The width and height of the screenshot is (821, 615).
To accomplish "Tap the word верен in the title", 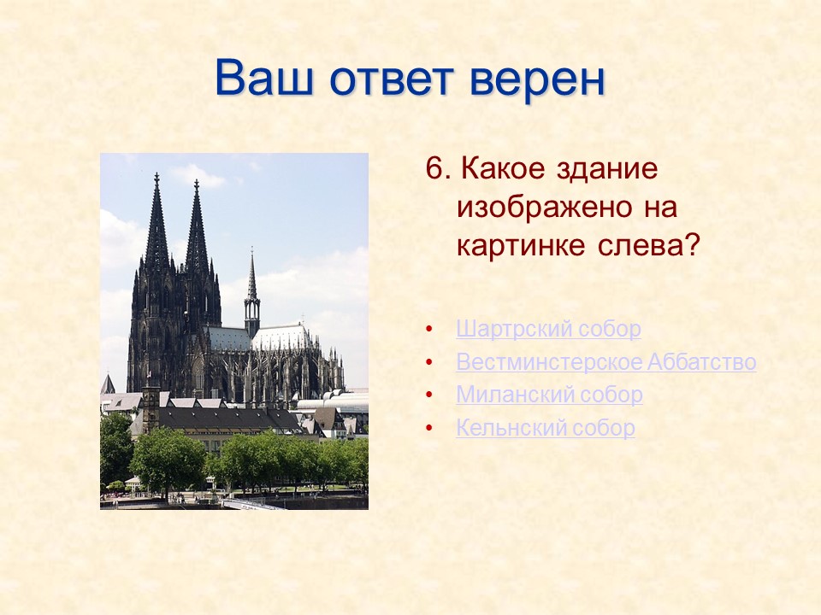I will pyautogui.click(x=537, y=79).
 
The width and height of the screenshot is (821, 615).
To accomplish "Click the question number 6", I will pyautogui.click(x=436, y=169).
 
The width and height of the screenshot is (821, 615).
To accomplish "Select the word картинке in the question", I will pyautogui.click(x=516, y=246).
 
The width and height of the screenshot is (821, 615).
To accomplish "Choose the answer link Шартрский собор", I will pyautogui.click(x=548, y=329).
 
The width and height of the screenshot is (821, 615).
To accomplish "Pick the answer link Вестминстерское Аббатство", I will pyautogui.click(x=605, y=362).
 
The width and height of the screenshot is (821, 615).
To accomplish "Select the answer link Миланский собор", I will pyautogui.click(x=549, y=395).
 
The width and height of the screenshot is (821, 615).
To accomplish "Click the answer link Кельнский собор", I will pyautogui.click(x=546, y=428).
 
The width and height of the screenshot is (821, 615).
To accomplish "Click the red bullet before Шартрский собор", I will pyautogui.click(x=429, y=330).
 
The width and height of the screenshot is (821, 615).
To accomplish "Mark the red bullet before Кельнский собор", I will pyautogui.click(x=429, y=429).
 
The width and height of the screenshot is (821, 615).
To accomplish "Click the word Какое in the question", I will pyautogui.click(x=501, y=169).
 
